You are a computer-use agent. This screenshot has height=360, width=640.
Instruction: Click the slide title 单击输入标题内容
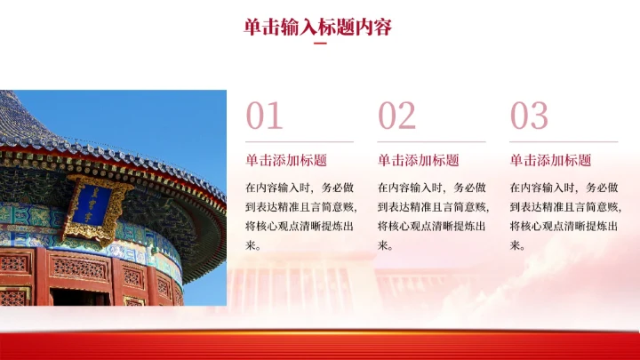318,27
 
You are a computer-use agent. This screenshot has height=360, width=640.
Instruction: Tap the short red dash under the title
320,44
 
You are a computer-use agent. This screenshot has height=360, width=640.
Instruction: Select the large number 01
264,116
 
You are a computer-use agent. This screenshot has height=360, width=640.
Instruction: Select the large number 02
396,116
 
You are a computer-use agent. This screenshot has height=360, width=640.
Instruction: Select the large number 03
529,116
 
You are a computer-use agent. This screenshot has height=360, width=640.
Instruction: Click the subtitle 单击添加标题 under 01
286,161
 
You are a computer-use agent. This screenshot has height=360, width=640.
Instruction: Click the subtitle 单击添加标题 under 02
418,161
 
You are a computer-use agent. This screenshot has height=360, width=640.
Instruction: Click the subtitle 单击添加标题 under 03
550,161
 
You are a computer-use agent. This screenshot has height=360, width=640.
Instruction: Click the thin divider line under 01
300,141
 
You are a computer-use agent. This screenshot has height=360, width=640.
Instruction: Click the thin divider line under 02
431,141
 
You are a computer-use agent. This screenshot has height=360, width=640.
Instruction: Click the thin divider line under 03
564,141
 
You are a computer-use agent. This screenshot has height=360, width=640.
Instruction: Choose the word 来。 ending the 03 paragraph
518,245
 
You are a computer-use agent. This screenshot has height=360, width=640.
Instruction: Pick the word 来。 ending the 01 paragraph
254,245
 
